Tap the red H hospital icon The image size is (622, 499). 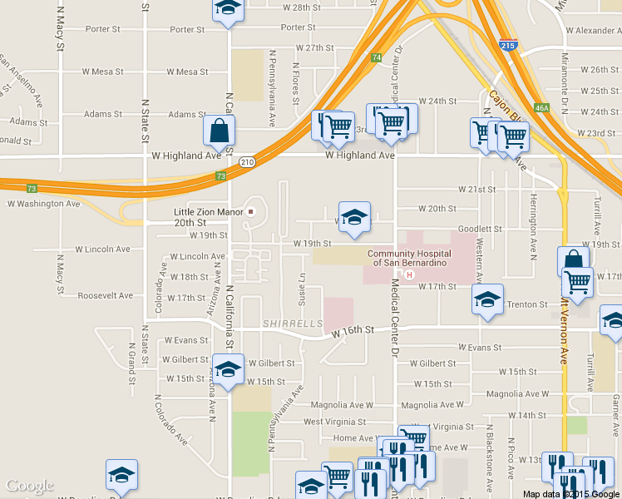click(x=408, y=274)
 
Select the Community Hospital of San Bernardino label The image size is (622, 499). click(x=409, y=259)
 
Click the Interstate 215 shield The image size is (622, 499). click(x=507, y=46)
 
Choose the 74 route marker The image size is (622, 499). click(x=378, y=57)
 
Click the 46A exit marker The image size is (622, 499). click(x=542, y=108)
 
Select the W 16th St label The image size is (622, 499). click(x=353, y=331)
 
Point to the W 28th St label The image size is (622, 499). click(x=302, y=7)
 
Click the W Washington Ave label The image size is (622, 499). click(x=43, y=203)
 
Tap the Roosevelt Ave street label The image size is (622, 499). click(x=105, y=295)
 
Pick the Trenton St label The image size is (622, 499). click(x=527, y=304)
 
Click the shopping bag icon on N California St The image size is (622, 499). click(x=220, y=131)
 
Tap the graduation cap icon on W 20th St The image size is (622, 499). click(x=354, y=217)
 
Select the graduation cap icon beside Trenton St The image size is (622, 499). click(x=487, y=300)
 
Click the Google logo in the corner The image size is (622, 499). click(x=29, y=486)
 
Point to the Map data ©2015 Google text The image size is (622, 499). click(x=570, y=494)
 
